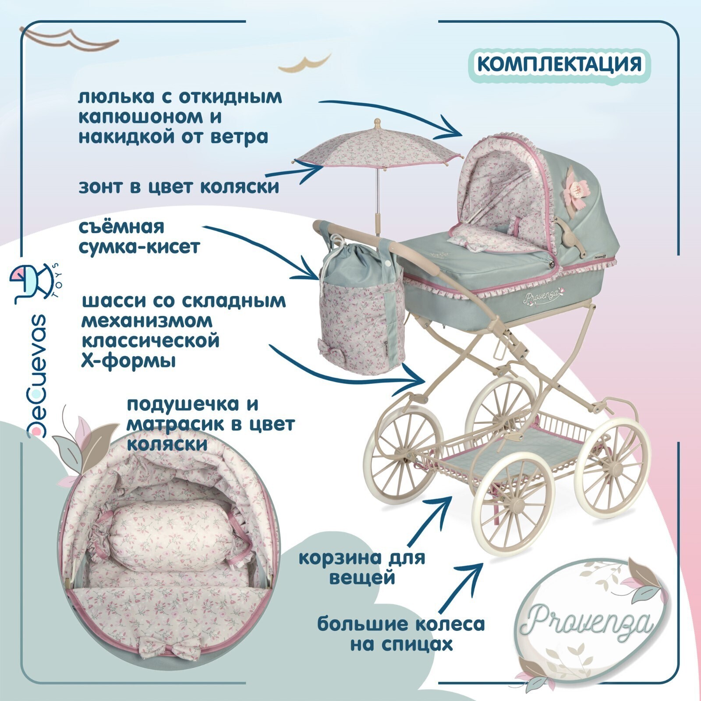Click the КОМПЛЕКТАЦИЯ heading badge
[559, 64]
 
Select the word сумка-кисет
[139, 247]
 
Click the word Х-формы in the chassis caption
[129, 361]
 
